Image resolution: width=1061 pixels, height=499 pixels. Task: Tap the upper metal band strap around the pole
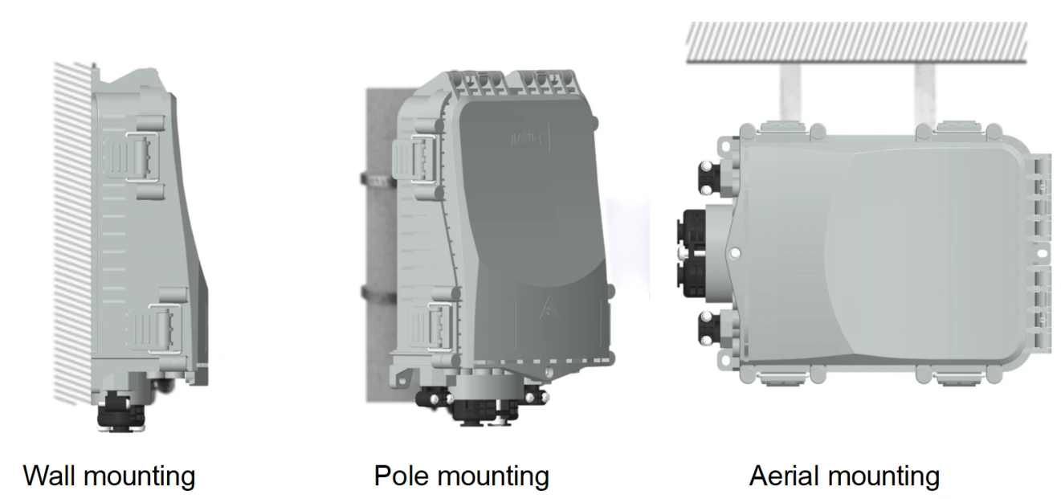[x=378, y=180]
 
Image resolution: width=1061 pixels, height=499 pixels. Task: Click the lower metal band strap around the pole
[x=379, y=294]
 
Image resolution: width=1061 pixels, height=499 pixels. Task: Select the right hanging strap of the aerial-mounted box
[x=925, y=94]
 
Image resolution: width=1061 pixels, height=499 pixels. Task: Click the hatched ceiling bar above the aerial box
[x=856, y=42]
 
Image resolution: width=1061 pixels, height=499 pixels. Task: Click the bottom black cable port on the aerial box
[x=709, y=329]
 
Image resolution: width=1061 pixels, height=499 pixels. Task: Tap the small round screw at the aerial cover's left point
[x=735, y=254]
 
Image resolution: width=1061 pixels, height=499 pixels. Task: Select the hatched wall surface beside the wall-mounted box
[x=73, y=232]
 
